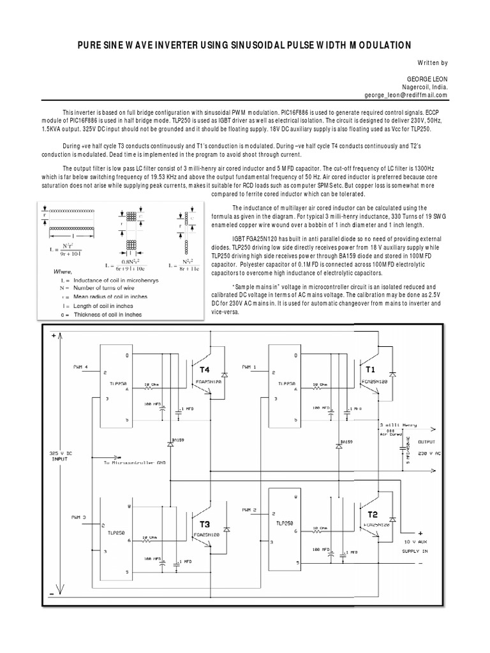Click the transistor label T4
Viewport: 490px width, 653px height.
click(205, 369)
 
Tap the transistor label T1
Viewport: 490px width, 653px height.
click(371, 369)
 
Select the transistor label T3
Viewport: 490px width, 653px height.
click(205, 524)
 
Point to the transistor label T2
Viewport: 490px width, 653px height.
click(372, 514)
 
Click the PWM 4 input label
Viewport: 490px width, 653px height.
click(82, 366)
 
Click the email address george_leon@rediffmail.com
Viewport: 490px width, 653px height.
click(397, 94)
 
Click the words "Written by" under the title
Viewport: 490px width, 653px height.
click(432, 62)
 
